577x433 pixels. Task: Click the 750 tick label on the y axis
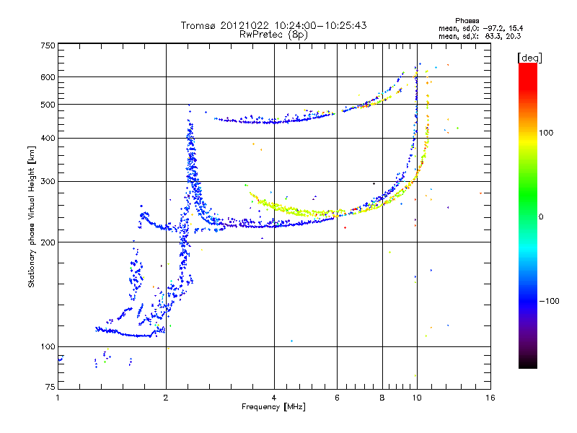coord(48,45)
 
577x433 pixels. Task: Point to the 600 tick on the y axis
coord(48,76)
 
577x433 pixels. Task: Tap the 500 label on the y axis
coord(48,105)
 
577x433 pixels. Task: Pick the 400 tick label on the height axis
coord(48,138)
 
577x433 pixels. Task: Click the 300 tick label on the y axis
coord(48,181)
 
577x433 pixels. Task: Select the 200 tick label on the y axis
coord(48,242)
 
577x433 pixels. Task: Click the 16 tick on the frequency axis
coord(489,398)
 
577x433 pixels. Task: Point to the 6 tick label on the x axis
coord(337,398)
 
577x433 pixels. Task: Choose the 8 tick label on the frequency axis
coord(382,398)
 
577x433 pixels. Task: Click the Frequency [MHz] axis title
coord(273,407)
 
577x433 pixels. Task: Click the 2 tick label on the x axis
coord(166,398)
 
